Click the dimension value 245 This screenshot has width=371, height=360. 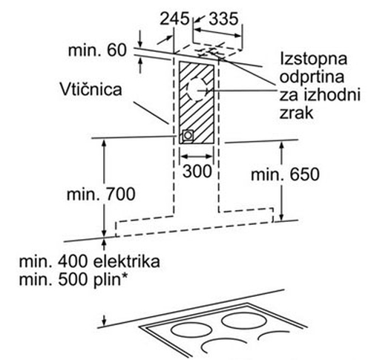[174, 19]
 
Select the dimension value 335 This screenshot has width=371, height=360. [223, 19]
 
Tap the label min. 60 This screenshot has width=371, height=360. [97, 50]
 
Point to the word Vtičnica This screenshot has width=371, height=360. [91, 89]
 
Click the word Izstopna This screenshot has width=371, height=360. [313, 59]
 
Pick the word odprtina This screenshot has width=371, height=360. [312, 77]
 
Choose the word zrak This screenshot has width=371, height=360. [296, 113]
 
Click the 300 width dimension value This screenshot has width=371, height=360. [197, 171]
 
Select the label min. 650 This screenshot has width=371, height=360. [285, 174]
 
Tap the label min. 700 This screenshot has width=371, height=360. [101, 194]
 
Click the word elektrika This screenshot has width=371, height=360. [127, 261]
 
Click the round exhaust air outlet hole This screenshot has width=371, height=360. [197, 91]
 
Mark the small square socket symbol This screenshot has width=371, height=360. [188, 136]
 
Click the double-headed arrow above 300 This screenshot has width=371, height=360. [197, 157]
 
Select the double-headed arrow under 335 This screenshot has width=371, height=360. [217, 33]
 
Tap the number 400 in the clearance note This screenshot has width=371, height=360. [72, 261]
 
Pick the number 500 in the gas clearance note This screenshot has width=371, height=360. [72, 280]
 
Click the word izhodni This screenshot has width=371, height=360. [332, 95]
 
